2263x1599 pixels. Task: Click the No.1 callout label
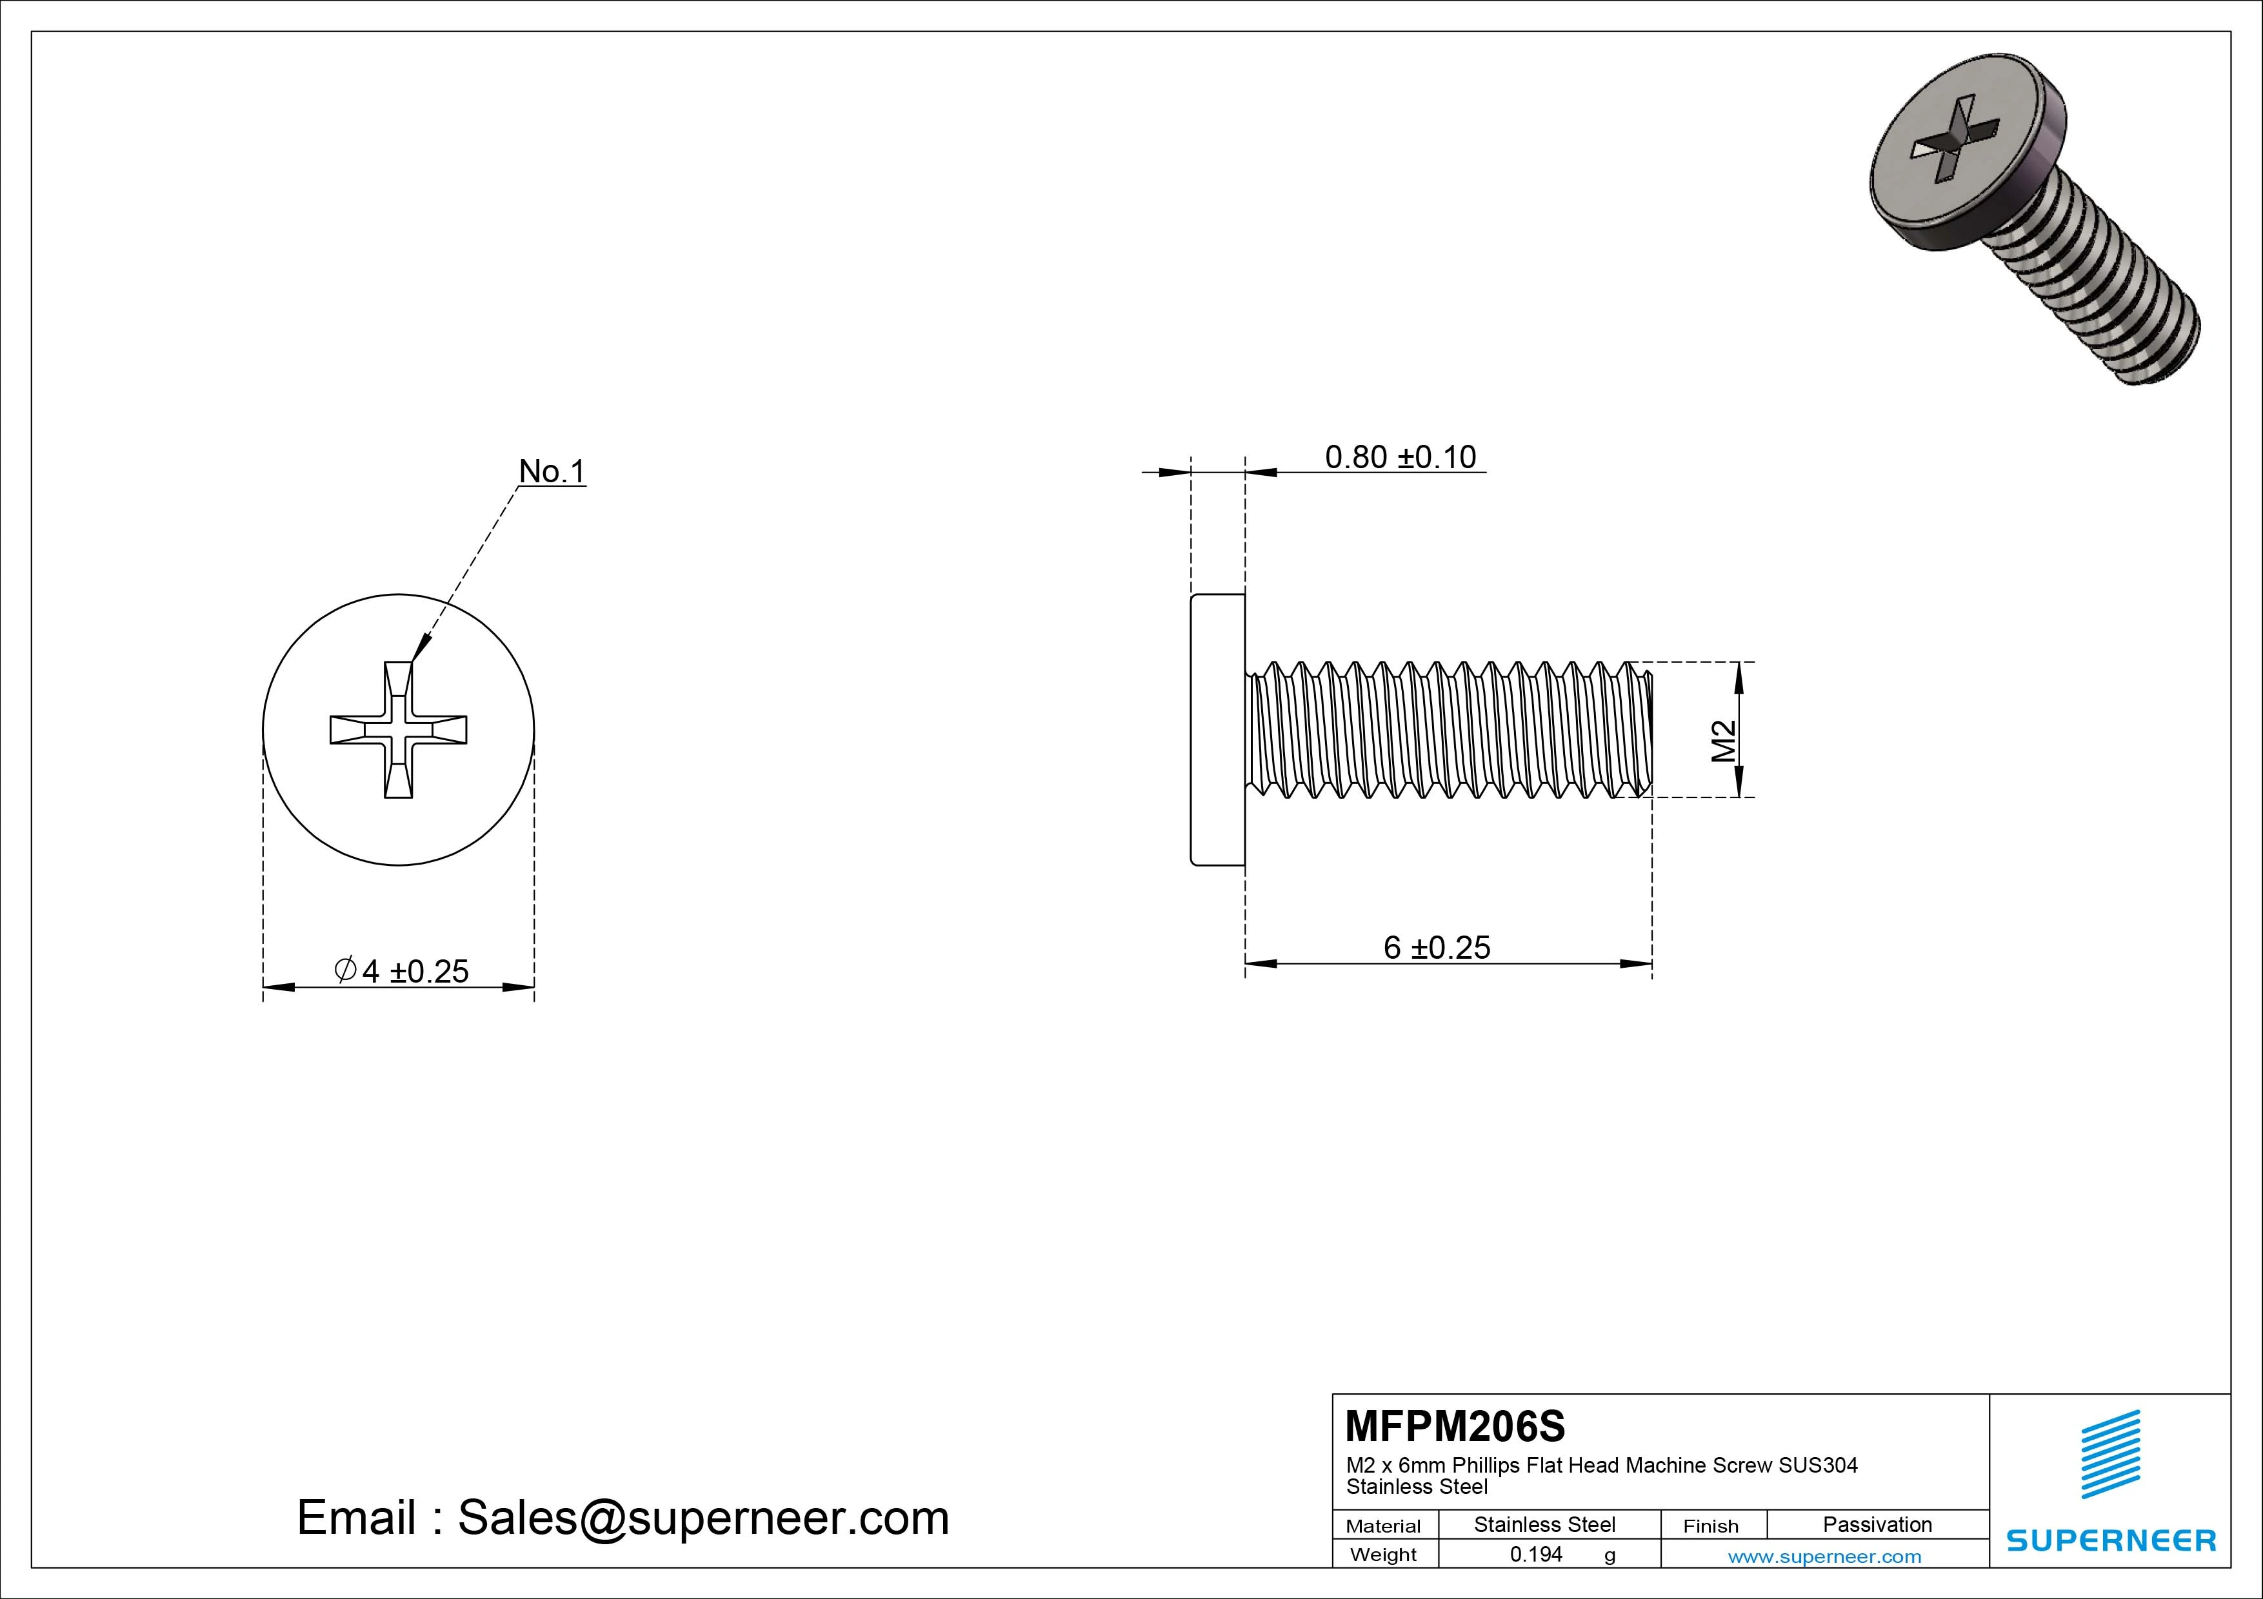(552, 472)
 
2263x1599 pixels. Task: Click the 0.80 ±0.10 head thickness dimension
(1400, 457)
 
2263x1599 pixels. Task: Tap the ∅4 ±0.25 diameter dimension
(402, 972)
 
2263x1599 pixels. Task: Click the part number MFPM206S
(1455, 1426)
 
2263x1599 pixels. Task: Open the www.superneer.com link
(1824, 1556)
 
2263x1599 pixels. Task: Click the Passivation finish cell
(1877, 1524)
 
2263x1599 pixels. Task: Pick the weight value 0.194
(1535, 1555)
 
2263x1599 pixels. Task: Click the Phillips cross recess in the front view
(398, 729)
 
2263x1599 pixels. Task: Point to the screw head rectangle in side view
(1218, 729)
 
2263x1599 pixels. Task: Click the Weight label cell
(1383, 1555)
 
